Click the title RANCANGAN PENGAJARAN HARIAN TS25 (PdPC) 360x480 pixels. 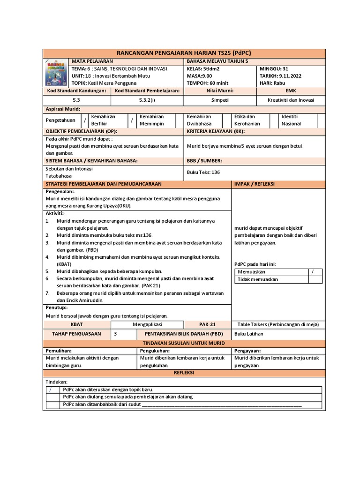point(183,52)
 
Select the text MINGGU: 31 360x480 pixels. point(274,68)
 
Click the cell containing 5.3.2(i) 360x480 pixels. point(147,100)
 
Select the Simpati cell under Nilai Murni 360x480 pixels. point(220,100)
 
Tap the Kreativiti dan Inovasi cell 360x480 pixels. point(291,100)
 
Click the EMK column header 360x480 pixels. point(291,90)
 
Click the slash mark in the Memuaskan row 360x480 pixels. point(313,272)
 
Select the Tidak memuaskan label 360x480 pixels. point(258,279)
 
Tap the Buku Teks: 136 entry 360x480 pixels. point(203,172)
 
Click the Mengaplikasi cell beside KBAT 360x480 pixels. point(147,324)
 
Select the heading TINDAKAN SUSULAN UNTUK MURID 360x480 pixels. point(183,343)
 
